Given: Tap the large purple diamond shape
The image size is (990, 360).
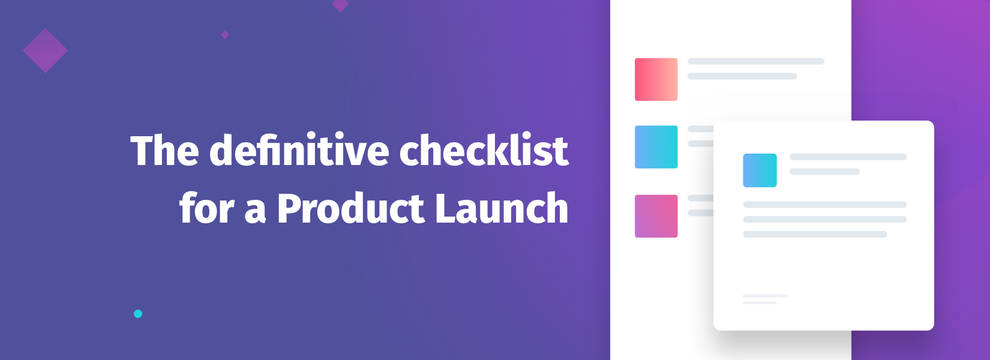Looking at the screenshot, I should (45, 50).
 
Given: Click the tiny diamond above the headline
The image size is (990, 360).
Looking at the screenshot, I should (225, 34).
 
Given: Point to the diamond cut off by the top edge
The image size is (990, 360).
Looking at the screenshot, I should (340, 4).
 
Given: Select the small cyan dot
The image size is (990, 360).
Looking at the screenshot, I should (138, 314).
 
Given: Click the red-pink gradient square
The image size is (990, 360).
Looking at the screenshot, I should (656, 79).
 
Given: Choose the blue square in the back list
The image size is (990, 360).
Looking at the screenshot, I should (656, 147).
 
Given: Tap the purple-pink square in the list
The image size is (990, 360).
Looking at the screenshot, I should (656, 216).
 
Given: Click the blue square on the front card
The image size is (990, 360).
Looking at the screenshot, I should (760, 170).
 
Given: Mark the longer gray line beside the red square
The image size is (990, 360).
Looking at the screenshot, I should (756, 62).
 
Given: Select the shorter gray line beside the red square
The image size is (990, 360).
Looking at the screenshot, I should (742, 76).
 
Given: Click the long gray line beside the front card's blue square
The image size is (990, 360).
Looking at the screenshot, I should (848, 157).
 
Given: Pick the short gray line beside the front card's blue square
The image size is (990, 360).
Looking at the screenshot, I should (825, 172).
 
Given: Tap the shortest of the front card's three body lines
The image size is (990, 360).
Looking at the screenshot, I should (815, 234).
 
